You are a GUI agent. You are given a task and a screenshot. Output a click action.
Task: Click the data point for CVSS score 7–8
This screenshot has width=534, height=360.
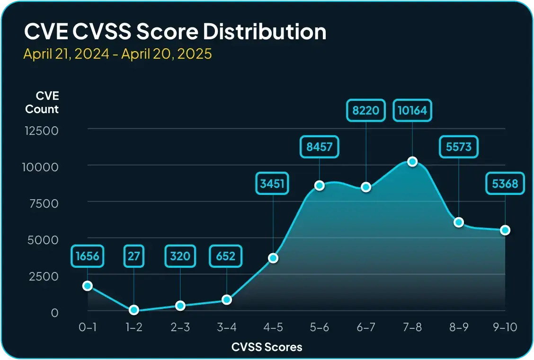412,161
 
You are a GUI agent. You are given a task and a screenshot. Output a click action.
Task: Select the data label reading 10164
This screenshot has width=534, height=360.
412,111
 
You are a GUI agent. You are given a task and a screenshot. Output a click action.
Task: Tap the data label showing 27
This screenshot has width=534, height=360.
134,256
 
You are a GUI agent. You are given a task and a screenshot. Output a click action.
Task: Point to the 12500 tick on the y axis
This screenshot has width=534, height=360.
41,130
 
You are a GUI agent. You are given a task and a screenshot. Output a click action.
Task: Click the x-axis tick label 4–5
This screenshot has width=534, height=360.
273,326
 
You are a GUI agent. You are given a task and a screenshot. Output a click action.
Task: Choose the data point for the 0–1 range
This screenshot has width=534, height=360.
87,286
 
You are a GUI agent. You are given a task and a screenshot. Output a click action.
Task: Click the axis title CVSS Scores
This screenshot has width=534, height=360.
267,347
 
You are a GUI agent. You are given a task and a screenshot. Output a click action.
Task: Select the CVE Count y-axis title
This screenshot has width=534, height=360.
42,103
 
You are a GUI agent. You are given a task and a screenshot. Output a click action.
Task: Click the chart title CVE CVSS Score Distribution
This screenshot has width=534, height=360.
175,32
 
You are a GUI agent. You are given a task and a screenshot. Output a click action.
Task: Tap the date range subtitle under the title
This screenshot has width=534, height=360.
117,54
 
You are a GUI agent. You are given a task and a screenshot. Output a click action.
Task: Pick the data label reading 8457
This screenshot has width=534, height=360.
320,147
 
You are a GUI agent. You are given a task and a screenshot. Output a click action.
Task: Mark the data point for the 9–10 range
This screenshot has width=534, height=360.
505,230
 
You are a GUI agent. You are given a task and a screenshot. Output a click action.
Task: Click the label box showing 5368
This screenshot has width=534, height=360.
505,184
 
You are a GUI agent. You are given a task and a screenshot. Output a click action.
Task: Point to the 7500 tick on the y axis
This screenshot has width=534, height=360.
41,203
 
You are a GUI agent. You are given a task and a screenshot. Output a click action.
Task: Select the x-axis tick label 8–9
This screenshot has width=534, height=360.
459,326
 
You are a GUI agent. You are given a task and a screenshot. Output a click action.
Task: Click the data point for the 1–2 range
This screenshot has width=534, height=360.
134,310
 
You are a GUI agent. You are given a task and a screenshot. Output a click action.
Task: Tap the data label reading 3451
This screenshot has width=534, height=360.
273,184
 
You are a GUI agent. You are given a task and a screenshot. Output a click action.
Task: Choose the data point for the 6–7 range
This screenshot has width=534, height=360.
366,187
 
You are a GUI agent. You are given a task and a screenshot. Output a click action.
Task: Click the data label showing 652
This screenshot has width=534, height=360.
226,256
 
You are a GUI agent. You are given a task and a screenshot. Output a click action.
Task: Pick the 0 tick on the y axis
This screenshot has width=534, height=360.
54,312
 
